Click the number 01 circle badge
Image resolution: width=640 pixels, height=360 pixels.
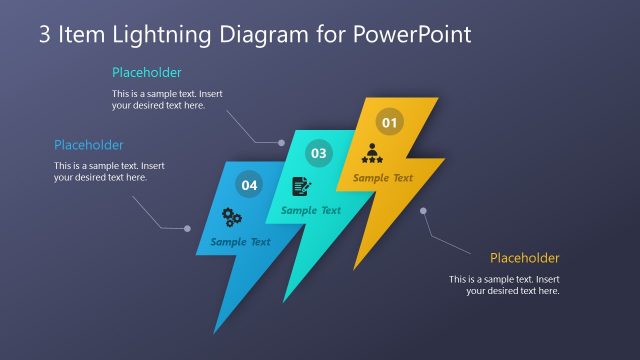(389, 123)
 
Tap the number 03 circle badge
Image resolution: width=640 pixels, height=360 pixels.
(318, 154)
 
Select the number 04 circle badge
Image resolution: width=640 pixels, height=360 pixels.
(249, 185)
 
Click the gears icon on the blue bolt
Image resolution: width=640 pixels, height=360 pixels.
(232, 216)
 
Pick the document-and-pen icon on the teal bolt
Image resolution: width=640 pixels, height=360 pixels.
(301, 186)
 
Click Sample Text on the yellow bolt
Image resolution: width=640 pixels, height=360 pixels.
(382, 178)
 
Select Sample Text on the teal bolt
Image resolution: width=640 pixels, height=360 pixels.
(311, 210)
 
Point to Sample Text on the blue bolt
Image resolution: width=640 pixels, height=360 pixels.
(240, 242)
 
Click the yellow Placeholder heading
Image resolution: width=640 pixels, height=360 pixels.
(524, 258)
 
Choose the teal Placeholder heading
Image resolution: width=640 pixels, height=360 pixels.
(147, 72)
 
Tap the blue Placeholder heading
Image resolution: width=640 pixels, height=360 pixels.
(89, 145)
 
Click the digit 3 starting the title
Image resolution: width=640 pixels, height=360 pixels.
(45, 35)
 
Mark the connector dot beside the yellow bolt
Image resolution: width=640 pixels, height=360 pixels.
(423, 210)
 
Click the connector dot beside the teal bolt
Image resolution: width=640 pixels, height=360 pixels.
(281, 143)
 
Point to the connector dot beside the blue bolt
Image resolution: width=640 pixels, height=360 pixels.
(187, 229)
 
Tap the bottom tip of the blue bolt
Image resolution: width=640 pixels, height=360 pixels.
(215, 331)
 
